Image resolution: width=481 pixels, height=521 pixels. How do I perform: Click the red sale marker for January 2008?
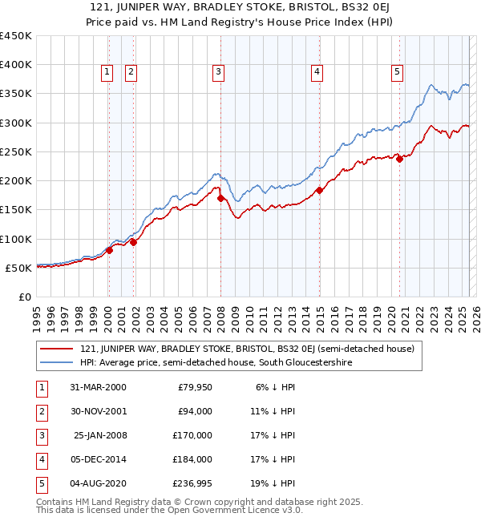[220, 198]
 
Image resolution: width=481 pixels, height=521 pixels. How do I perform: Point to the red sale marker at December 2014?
[318, 190]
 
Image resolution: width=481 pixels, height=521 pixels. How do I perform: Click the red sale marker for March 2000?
[110, 250]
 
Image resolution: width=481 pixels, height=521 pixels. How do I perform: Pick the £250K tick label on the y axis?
[16, 151]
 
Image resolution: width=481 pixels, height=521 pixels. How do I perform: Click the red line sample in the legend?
[56, 349]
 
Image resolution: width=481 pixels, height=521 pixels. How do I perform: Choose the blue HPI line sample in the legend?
[56, 362]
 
